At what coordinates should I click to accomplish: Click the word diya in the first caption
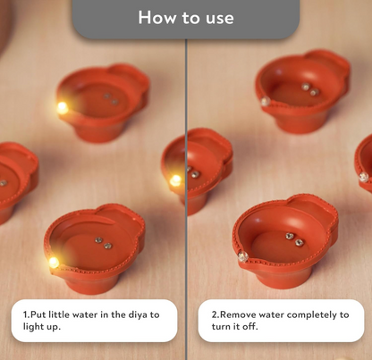[x=135, y=314]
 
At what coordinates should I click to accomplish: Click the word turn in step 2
[x=221, y=327]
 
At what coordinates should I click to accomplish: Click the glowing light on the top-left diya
[x=63, y=107]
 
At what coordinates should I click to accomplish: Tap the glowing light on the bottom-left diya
[x=54, y=262]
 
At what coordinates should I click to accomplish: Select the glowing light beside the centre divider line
[x=175, y=180]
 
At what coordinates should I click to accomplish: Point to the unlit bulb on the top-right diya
[x=265, y=102]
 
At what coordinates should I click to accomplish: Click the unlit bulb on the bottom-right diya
[x=243, y=256]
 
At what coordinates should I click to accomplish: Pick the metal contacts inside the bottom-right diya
[x=293, y=239]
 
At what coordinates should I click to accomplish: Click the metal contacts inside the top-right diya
[x=309, y=89]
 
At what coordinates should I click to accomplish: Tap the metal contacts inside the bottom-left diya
[x=103, y=242]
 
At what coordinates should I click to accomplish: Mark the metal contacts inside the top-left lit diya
[x=111, y=99]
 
